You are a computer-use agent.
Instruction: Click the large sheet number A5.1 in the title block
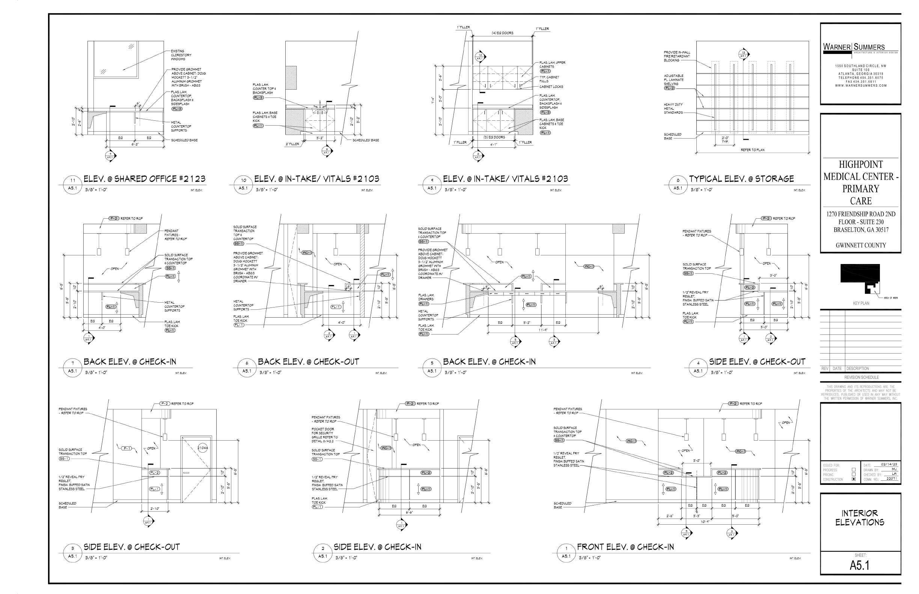click(860, 565)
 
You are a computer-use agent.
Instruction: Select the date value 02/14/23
click(889, 465)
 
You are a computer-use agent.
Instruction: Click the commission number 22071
click(892, 478)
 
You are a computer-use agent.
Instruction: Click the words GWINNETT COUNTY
click(861, 245)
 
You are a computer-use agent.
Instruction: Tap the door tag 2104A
click(203, 448)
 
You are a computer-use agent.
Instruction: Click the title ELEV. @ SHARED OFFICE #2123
click(145, 179)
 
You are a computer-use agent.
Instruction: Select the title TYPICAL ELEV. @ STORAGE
click(741, 179)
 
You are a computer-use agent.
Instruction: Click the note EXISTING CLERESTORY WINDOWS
click(181, 55)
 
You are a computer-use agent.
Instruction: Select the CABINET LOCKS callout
click(551, 87)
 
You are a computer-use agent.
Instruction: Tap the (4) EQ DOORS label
click(502, 33)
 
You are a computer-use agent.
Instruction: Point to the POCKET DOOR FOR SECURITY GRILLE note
click(325, 433)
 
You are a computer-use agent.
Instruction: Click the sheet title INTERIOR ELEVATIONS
click(860, 517)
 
